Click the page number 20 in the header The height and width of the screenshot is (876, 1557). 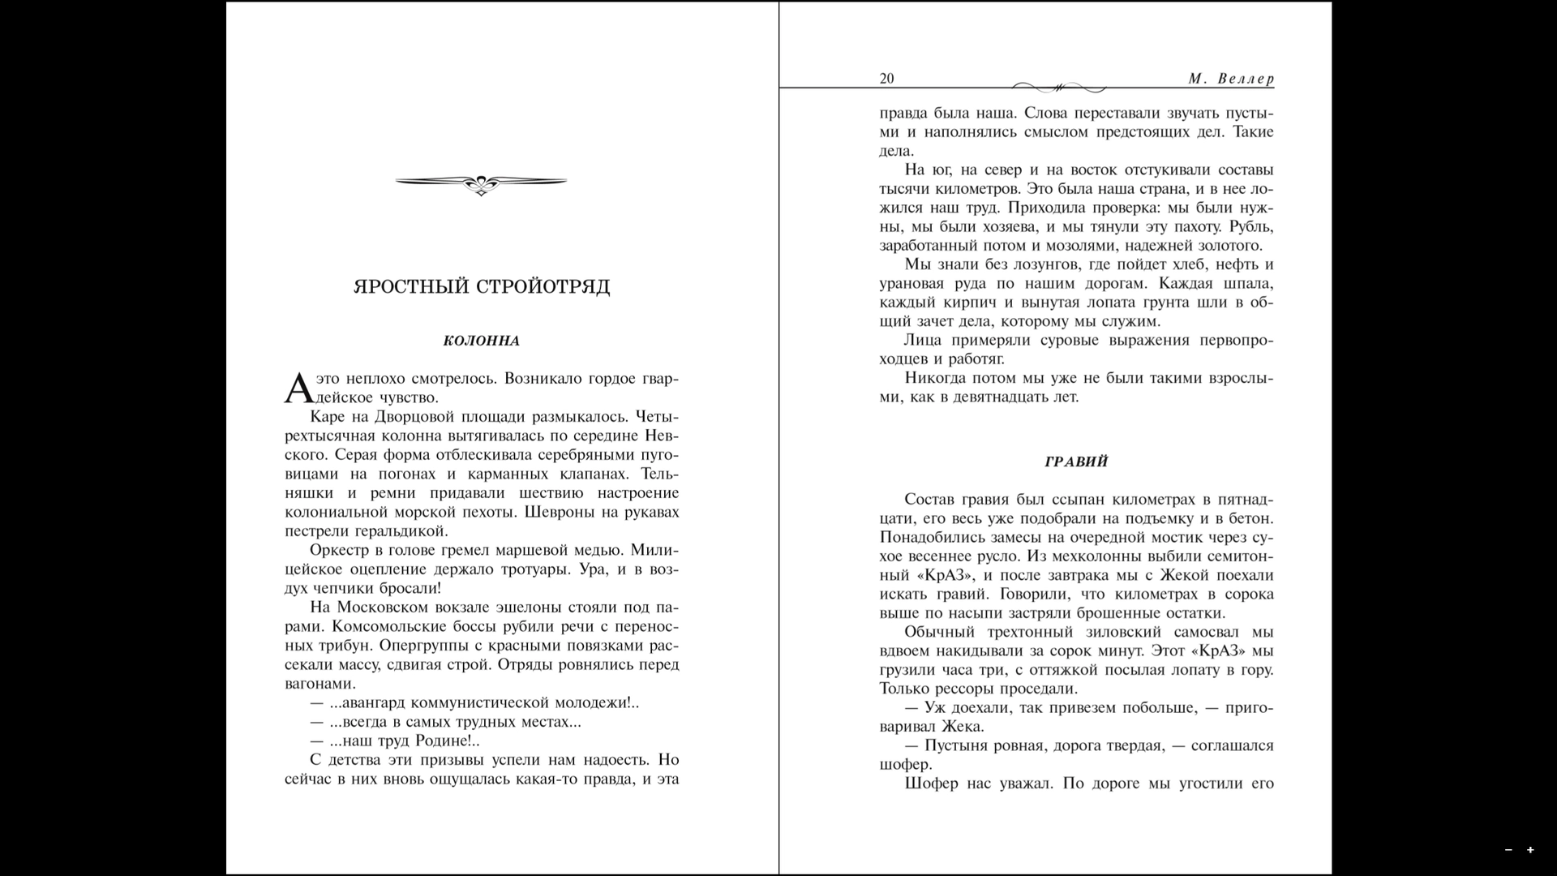886,79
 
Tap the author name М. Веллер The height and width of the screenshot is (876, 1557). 1231,79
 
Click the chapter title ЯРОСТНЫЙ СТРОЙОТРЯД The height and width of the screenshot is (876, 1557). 482,287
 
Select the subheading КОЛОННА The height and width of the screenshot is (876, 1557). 482,341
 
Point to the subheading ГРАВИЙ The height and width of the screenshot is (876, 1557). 1076,462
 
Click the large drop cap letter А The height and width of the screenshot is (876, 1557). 298,389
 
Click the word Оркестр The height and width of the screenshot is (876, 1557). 340,550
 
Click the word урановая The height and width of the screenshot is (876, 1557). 911,284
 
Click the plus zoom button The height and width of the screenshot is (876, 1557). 1530,850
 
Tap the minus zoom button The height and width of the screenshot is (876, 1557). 1508,850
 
